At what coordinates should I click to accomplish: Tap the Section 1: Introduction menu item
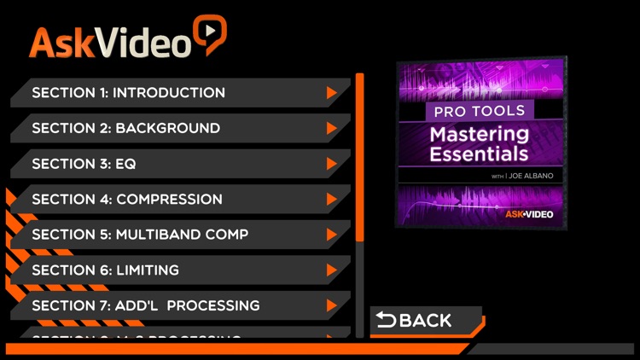pos(128,93)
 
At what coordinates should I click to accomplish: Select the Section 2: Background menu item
pos(125,129)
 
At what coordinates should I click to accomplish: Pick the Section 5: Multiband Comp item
pos(140,235)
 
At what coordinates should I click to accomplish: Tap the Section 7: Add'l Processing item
pos(145,305)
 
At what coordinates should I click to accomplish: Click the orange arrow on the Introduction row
pos(332,93)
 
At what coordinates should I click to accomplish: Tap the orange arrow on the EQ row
pos(332,164)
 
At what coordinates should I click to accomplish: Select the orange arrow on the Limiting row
pos(332,270)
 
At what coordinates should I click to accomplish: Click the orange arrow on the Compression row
pos(332,200)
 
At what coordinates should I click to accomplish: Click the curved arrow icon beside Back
pos(387,321)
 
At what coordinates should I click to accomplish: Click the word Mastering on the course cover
pos(479,135)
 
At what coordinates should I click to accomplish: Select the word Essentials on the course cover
pos(479,155)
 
